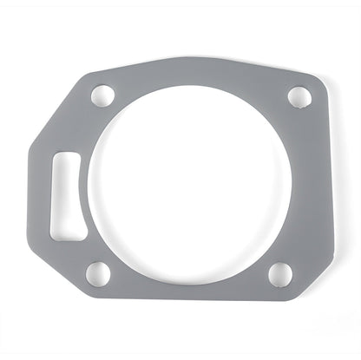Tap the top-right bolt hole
297,95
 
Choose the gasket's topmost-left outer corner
95,70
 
